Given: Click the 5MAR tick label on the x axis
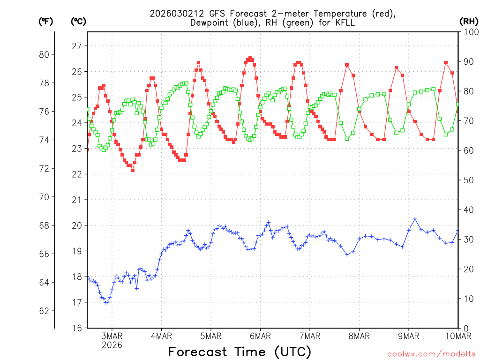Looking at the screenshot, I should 210,336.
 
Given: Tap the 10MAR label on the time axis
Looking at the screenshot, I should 457,336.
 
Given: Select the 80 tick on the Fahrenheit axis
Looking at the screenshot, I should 45,54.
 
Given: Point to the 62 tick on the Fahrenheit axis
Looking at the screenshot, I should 45,311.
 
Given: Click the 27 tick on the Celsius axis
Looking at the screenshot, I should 76,46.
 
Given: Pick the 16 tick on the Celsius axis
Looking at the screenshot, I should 76,328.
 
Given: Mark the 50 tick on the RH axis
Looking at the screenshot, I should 466,180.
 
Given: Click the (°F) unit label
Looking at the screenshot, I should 45,21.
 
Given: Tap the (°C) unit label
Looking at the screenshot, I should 79,21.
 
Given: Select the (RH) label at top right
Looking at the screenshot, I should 469,21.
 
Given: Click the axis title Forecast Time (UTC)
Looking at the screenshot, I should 240,352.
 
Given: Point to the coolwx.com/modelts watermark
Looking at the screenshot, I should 431,353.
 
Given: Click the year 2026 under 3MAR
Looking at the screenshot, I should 112,345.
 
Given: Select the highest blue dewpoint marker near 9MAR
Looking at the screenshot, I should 415,219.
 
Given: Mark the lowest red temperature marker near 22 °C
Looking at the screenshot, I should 133,170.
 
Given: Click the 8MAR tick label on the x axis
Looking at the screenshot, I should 359,336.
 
